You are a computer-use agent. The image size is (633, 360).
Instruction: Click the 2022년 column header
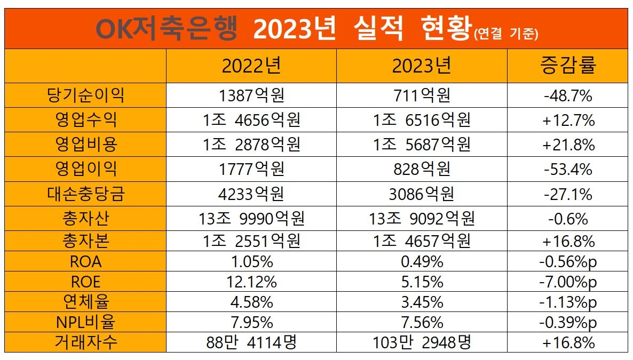click(x=251, y=66)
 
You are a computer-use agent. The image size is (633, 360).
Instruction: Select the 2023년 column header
click(x=422, y=66)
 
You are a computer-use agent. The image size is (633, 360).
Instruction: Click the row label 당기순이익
click(x=85, y=95)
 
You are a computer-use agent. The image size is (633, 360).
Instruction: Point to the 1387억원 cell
click(x=251, y=95)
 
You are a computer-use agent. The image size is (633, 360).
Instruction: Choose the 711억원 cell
click(x=422, y=95)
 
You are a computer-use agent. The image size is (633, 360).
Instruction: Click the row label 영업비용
click(x=85, y=145)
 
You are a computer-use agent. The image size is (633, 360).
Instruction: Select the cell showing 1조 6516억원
click(x=422, y=120)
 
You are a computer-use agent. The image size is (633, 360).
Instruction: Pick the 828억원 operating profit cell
click(x=422, y=169)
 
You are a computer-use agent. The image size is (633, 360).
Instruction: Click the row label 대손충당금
click(x=85, y=194)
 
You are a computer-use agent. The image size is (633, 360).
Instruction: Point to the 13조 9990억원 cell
click(x=251, y=218)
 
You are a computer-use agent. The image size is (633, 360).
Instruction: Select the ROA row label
click(x=85, y=261)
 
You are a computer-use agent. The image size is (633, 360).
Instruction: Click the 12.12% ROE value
click(x=251, y=282)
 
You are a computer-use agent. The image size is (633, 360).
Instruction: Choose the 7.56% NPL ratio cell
click(x=422, y=323)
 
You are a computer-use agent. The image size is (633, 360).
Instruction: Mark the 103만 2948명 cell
click(x=422, y=342)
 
